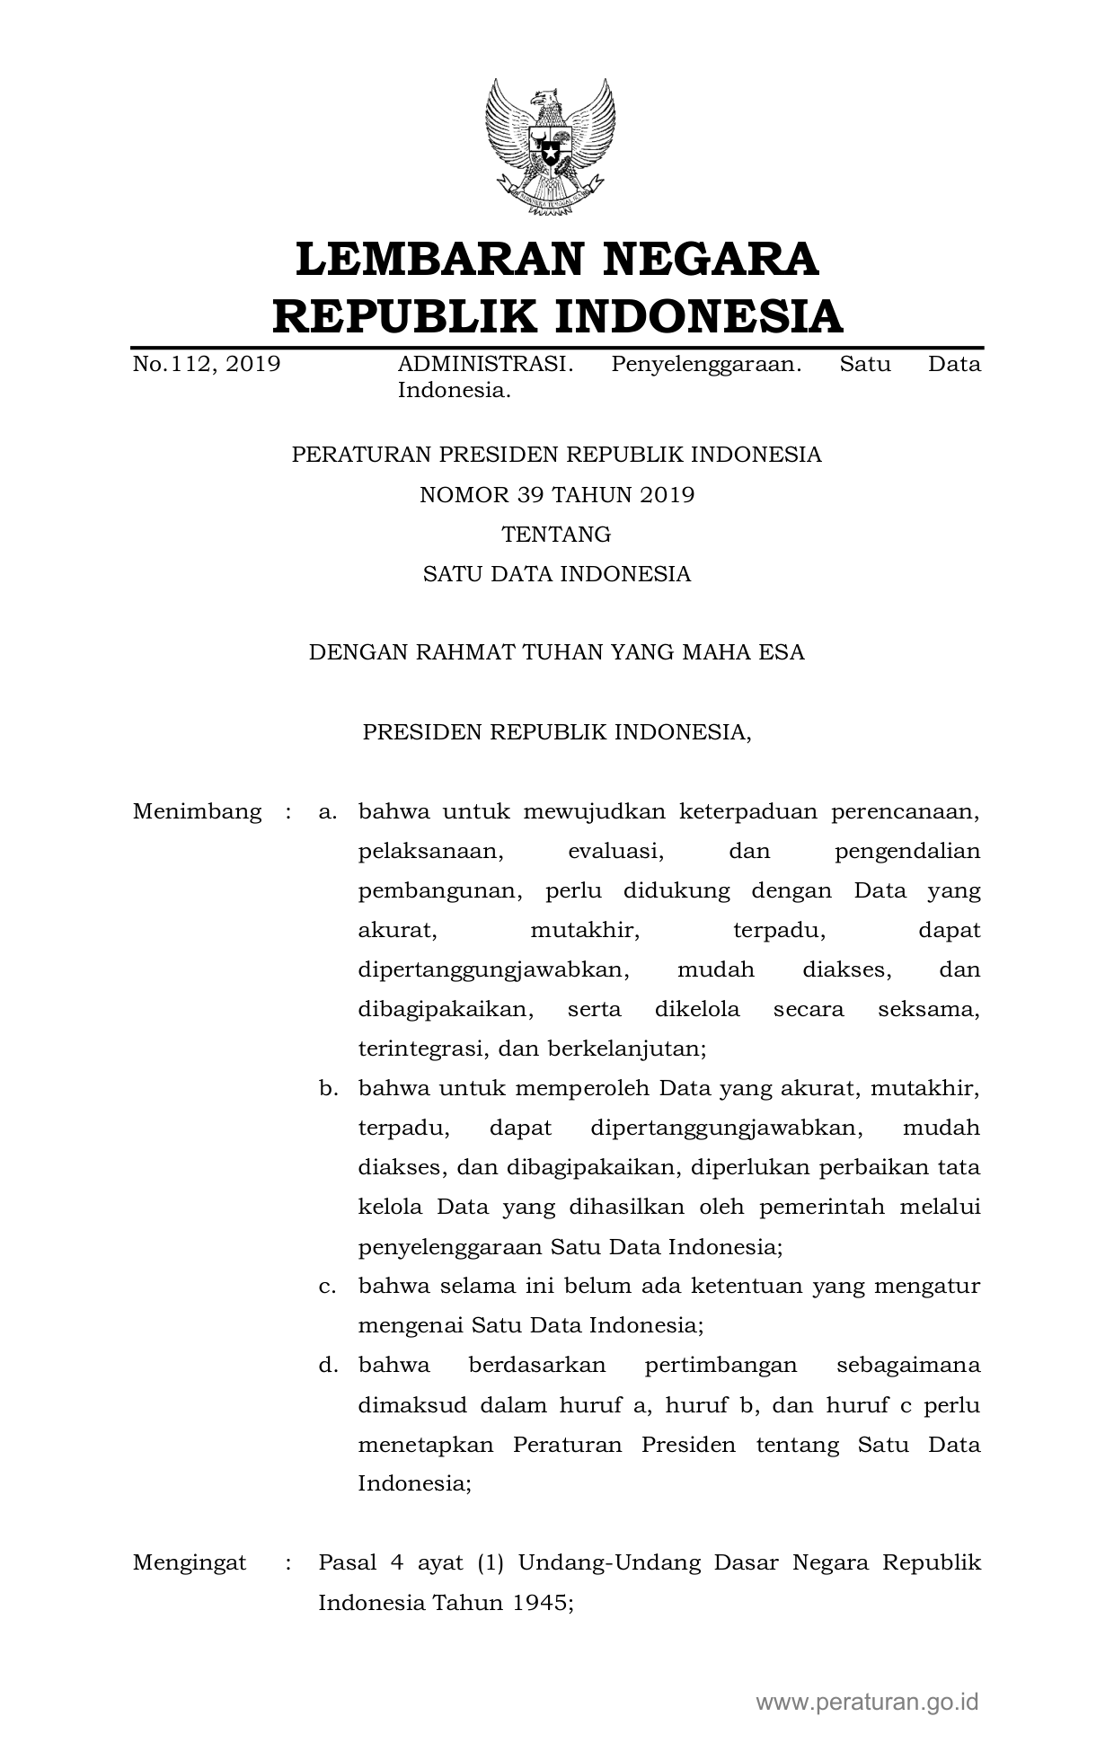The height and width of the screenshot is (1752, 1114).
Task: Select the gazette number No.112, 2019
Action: (207, 365)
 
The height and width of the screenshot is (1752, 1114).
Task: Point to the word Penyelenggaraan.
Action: (705, 365)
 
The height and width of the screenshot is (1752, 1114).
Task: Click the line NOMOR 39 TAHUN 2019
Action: (557, 495)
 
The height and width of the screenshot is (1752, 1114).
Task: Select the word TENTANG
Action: (556, 535)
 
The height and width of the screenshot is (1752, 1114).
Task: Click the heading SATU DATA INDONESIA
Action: (557, 574)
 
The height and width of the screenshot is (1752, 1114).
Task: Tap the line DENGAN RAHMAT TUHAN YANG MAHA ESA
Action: (557, 653)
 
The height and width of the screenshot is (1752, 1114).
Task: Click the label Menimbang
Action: (198, 812)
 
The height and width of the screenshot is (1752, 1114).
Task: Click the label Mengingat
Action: (190, 1563)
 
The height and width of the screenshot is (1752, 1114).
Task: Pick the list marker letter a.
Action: (327, 813)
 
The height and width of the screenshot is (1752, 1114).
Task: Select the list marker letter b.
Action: (327, 1089)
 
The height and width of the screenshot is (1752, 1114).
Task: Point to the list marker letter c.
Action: (327, 1287)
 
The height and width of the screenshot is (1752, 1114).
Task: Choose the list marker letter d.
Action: (327, 1366)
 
